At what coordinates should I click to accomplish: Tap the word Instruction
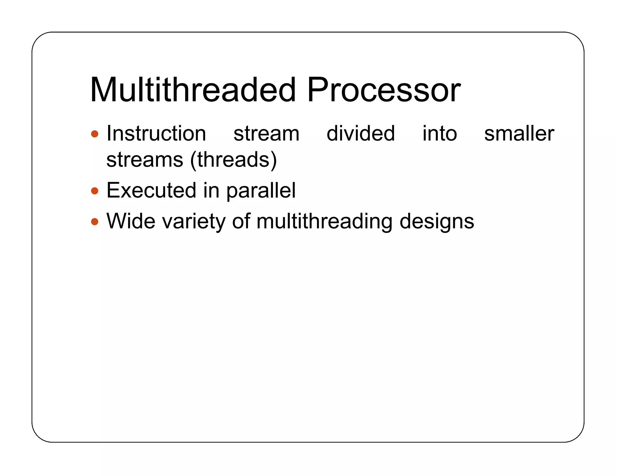click(x=156, y=133)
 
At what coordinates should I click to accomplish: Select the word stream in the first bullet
click(x=266, y=134)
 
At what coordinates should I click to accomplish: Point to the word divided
click(x=361, y=133)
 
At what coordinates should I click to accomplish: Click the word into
click(x=440, y=133)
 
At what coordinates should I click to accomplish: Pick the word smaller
click(x=519, y=133)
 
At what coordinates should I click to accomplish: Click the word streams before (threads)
click(x=145, y=159)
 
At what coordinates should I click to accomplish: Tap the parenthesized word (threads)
click(x=233, y=159)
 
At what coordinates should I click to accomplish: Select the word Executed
click(x=151, y=190)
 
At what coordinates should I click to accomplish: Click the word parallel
click(x=261, y=191)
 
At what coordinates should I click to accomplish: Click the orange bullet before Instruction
click(x=95, y=134)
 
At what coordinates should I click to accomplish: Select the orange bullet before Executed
click(x=95, y=191)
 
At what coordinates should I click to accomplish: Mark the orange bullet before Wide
click(x=95, y=222)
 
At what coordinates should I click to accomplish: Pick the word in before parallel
click(x=211, y=190)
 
